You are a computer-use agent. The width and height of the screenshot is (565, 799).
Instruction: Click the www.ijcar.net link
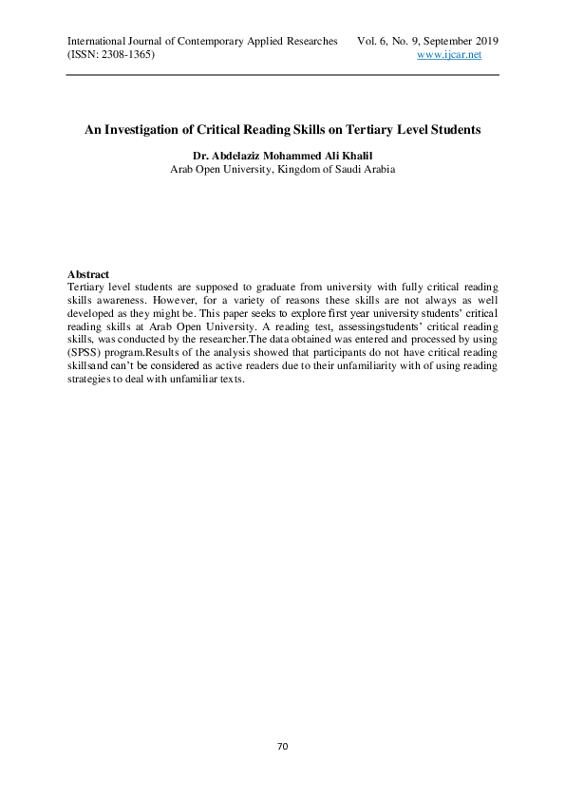(x=450, y=55)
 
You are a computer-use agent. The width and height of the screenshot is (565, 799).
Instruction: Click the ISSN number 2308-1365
(x=119, y=55)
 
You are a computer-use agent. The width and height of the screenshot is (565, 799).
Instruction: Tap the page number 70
(x=282, y=747)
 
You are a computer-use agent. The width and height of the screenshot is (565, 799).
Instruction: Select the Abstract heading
(x=88, y=274)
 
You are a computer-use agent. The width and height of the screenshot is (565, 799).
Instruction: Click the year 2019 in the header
(x=483, y=42)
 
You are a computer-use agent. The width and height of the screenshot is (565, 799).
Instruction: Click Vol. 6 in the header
(x=370, y=42)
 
